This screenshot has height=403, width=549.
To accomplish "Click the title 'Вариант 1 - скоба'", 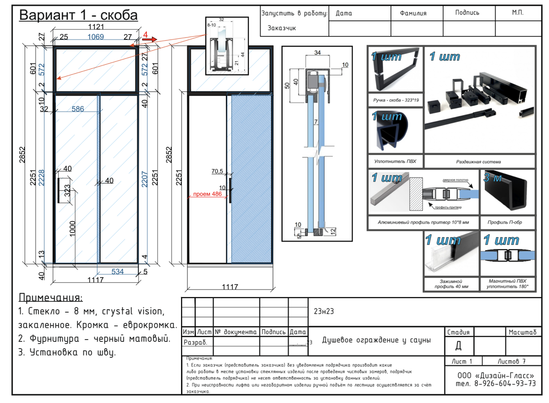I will coord(78,15).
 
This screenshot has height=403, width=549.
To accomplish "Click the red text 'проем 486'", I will coord(207,194).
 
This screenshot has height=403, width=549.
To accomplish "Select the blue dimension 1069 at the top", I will coord(95,37).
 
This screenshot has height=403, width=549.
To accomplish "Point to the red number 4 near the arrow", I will coord(145,35).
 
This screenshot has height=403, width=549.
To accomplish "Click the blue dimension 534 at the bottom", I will coord(118,272).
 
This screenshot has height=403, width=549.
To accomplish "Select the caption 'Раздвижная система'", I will coord(479,162).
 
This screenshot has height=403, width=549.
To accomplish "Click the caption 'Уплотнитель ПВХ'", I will coord(395,162).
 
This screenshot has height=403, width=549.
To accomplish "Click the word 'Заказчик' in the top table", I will coord(282,28).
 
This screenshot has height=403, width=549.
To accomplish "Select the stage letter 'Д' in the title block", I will coord(458,345).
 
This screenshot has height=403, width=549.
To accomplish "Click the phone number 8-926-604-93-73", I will coord(496,384).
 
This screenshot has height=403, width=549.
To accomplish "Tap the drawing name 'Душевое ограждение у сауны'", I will coord(376,340).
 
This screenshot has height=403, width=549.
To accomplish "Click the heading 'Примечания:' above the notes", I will coord(50,297).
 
